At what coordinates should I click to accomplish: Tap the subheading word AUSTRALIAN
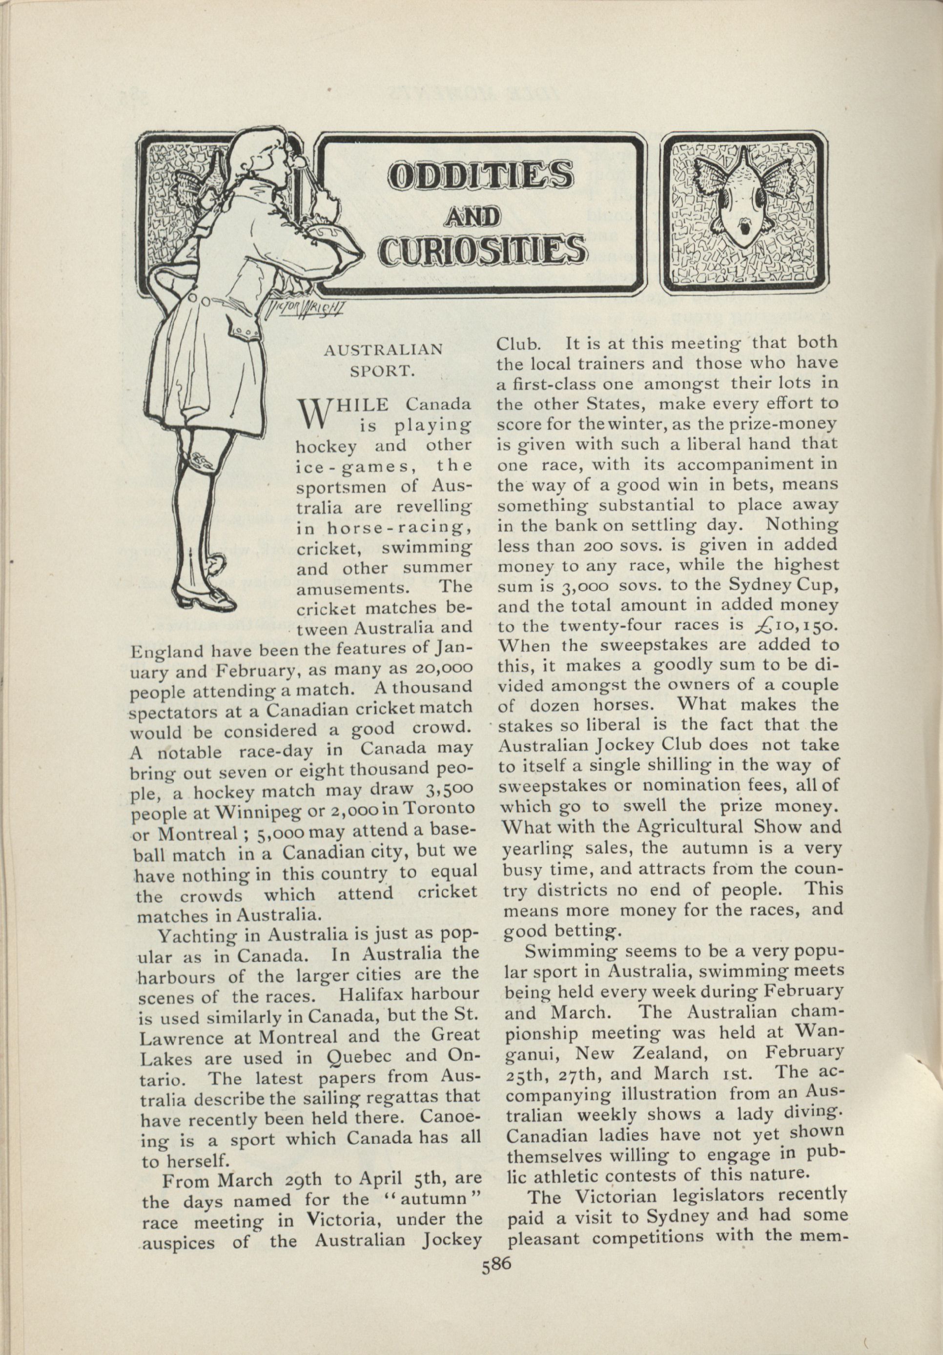click(x=384, y=349)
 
